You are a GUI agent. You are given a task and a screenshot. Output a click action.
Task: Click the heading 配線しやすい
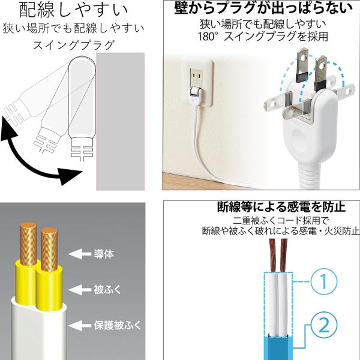point(73,10)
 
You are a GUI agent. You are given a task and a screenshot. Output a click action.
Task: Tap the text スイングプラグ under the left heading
point(73,45)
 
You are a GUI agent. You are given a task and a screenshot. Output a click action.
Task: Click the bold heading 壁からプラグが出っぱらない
point(263,8)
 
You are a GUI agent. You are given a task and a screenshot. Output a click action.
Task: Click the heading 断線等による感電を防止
point(281,206)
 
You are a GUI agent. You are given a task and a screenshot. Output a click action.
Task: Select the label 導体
point(104,254)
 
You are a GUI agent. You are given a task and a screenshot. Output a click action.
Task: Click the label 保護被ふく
point(118,325)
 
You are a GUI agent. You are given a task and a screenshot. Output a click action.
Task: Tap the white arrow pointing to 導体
point(79,254)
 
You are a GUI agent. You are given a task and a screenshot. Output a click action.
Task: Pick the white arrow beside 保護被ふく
point(79,326)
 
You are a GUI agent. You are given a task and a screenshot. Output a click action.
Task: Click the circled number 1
point(324,281)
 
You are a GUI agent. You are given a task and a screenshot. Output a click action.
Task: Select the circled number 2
point(324,325)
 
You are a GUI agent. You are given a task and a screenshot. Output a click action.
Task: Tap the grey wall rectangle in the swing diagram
point(121,121)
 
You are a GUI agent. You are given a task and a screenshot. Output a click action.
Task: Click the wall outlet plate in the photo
point(198,82)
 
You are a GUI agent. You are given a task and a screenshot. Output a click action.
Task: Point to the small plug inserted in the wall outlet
point(194,94)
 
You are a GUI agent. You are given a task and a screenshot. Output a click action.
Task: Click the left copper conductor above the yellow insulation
point(28,243)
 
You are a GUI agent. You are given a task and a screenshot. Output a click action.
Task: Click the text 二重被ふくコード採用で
point(281,221)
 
